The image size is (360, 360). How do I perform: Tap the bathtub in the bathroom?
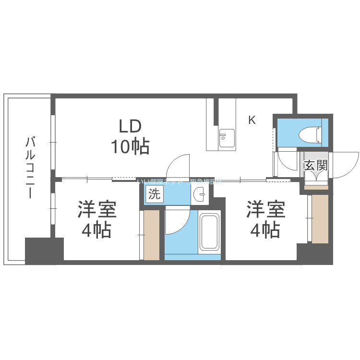(x=210, y=233)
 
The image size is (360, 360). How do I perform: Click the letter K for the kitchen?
(x=252, y=120)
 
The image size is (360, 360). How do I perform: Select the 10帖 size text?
(x=130, y=146)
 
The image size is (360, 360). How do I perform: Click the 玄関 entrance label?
(x=316, y=167)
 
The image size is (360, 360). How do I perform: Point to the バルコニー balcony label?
(x=31, y=168)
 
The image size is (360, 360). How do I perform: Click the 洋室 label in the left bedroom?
(x=97, y=210)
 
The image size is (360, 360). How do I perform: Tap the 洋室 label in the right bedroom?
(x=265, y=210)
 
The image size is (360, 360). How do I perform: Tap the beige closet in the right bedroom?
(x=320, y=218)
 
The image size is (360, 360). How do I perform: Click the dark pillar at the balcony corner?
(x=44, y=251)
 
